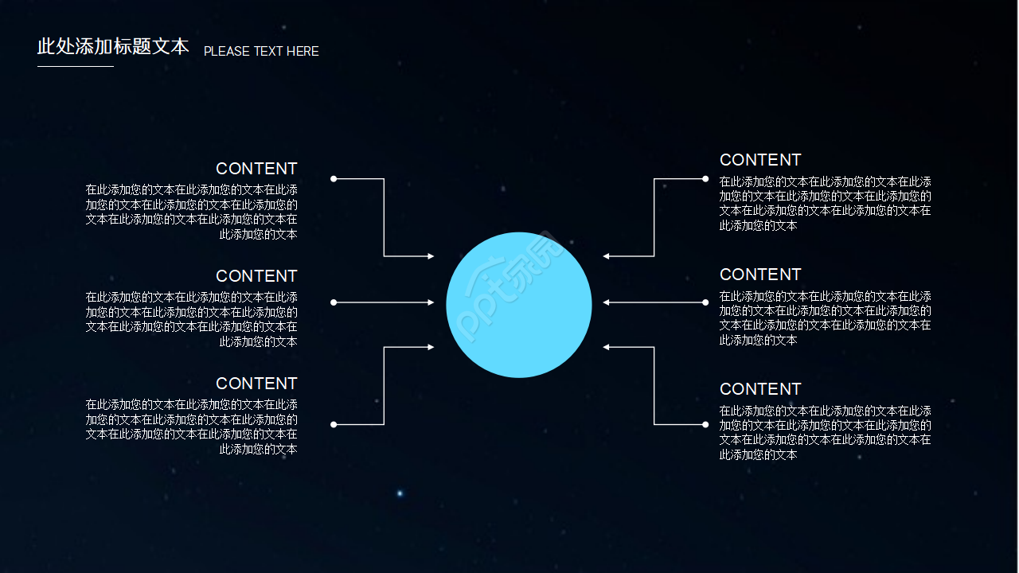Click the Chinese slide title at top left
[x=113, y=46]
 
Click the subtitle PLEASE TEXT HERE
[x=261, y=52]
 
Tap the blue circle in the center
[x=518, y=305]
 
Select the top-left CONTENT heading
[x=256, y=169]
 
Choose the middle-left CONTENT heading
[x=256, y=276]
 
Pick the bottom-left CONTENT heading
[x=256, y=384]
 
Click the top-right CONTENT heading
[x=760, y=160]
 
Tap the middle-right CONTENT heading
[x=760, y=275]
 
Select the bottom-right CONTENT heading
[x=760, y=389]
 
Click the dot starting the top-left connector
[x=334, y=179]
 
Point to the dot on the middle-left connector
[x=334, y=302]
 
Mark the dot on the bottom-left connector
[x=334, y=425]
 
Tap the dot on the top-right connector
[x=705, y=179]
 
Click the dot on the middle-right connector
[x=705, y=302]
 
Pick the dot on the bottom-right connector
[x=705, y=425]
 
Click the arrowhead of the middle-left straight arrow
[x=431, y=302]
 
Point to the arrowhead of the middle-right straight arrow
[x=607, y=302]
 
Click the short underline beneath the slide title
[x=76, y=66]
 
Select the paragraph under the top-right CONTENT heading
[x=826, y=204]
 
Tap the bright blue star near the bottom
[x=400, y=493]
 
